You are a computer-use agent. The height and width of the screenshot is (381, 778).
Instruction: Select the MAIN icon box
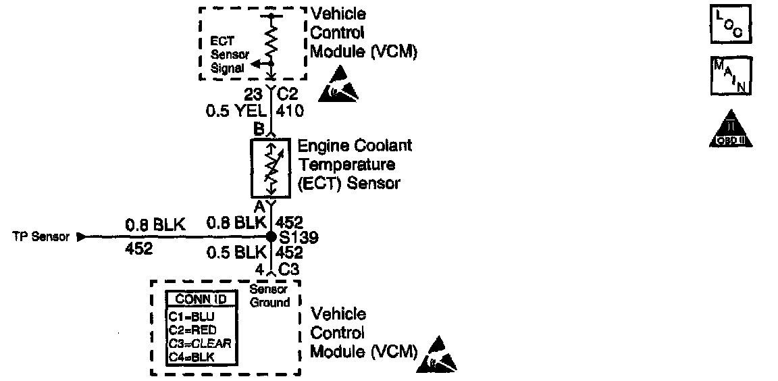731,76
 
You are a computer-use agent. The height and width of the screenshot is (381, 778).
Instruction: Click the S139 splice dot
270,237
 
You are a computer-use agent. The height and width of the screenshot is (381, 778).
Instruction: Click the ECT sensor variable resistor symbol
270,168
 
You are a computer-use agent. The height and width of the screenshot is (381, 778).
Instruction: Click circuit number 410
290,110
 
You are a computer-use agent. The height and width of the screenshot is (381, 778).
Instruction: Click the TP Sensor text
41,237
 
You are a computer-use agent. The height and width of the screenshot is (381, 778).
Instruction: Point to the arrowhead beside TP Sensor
82,237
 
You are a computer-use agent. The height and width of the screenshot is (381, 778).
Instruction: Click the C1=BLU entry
192,316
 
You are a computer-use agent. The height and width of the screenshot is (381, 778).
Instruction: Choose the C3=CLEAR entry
200,343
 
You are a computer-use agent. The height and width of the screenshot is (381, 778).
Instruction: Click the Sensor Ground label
269,296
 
